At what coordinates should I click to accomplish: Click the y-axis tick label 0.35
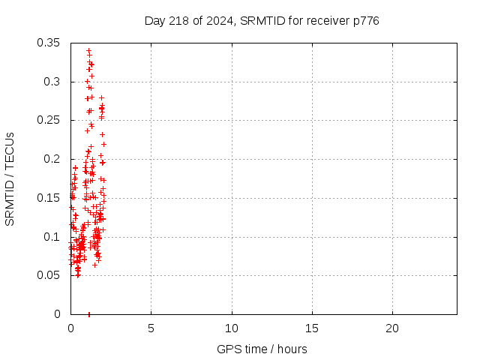[54, 43]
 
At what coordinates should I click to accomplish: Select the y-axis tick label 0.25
[54, 120]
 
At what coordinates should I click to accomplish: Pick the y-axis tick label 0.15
[54, 198]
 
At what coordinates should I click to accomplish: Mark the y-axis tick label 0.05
[54, 275]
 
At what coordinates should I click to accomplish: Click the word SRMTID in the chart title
[259, 20]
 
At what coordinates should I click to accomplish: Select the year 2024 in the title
[216, 20]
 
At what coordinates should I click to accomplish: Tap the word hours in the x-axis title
[292, 349]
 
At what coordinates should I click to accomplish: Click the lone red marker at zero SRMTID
[89, 314]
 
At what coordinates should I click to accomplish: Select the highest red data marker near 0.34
[88, 50]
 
